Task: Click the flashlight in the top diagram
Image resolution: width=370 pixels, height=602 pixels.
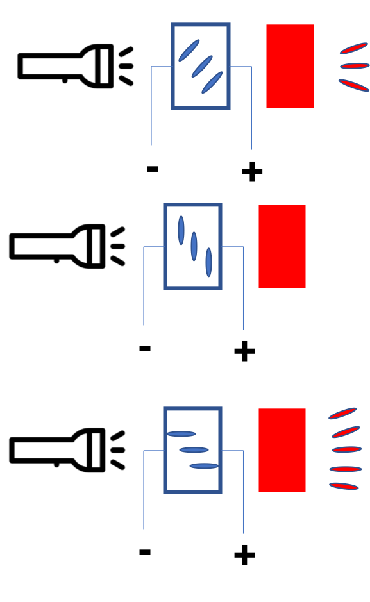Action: pyautogui.click(x=65, y=66)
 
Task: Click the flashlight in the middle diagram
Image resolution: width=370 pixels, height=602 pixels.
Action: pyautogui.click(x=58, y=246)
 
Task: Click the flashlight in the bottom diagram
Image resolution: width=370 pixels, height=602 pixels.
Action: pyautogui.click(x=58, y=450)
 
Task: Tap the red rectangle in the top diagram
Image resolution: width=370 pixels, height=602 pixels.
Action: pyautogui.click(x=290, y=66)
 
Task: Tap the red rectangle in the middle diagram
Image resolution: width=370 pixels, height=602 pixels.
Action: pyautogui.click(x=282, y=246)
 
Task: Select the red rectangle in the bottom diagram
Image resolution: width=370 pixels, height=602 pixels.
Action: pyautogui.click(x=282, y=450)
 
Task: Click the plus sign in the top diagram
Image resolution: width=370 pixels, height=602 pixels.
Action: pyautogui.click(x=252, y=172)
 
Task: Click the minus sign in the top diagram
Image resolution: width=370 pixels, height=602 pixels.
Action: pyautogui.click(x=153, y=169)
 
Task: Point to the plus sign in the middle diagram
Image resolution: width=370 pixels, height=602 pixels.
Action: pyautogui.click(x=244, y=351)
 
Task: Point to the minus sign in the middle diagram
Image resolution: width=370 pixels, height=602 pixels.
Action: pyautogui.click(x=145, y=348)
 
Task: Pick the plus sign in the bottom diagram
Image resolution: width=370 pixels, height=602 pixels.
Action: pyautogui.click(x=244, y=555)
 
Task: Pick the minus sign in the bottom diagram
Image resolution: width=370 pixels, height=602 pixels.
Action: pyautogui.click(x=145, y=552)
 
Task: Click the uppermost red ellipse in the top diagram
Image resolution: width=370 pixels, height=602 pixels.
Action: pyautogui.click(x=353, y=48)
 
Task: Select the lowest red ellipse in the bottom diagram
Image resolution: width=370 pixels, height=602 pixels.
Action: pyautogui.click(x=344, y=486)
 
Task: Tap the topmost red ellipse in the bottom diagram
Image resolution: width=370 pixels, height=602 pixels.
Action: pyautogui.click(x=342, y=414)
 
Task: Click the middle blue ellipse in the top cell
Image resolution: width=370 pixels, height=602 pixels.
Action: pyautogui.click(x=202, y=67)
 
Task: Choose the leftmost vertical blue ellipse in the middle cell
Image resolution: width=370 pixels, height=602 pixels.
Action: pyautogui.click(x=181, y=230)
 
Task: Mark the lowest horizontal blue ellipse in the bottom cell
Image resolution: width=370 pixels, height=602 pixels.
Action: pyautogui.click(x=204, y=466)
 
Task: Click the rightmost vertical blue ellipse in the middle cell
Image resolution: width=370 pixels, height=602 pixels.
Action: pyautogui.click(x=208, y=262)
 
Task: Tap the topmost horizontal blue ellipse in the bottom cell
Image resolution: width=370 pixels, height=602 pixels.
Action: pyautogui.click(x=181, y=434)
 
